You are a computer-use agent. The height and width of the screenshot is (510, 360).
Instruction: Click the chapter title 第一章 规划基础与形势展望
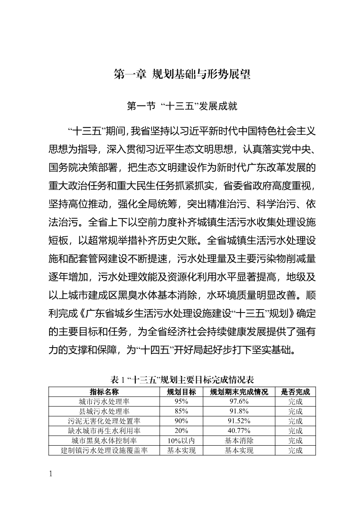(x=182, y=74)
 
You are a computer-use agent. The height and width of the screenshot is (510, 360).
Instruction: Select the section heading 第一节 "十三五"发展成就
(x=182, y=106)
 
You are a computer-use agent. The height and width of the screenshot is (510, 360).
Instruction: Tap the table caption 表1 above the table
(x=182, y=380)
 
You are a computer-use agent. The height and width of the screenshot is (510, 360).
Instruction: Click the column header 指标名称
(x=104, y=391)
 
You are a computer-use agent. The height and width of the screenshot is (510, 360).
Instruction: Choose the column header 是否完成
(x=295, y=391)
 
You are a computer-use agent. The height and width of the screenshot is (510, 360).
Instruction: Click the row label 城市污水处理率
(x=104, y=401)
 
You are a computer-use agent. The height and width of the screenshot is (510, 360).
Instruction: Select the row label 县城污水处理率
(x=104, y=411)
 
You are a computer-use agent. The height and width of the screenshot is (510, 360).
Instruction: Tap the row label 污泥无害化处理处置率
(x=104, y=421)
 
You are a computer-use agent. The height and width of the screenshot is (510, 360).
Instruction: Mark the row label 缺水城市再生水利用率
(x=104, y=431)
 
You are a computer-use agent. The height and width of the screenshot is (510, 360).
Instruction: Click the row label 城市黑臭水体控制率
(x=104, y=440)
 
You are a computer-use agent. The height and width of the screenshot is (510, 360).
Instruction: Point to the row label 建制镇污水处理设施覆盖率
(x=104, y=450)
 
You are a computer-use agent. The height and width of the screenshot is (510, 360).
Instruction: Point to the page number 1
(x=51, y=475)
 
